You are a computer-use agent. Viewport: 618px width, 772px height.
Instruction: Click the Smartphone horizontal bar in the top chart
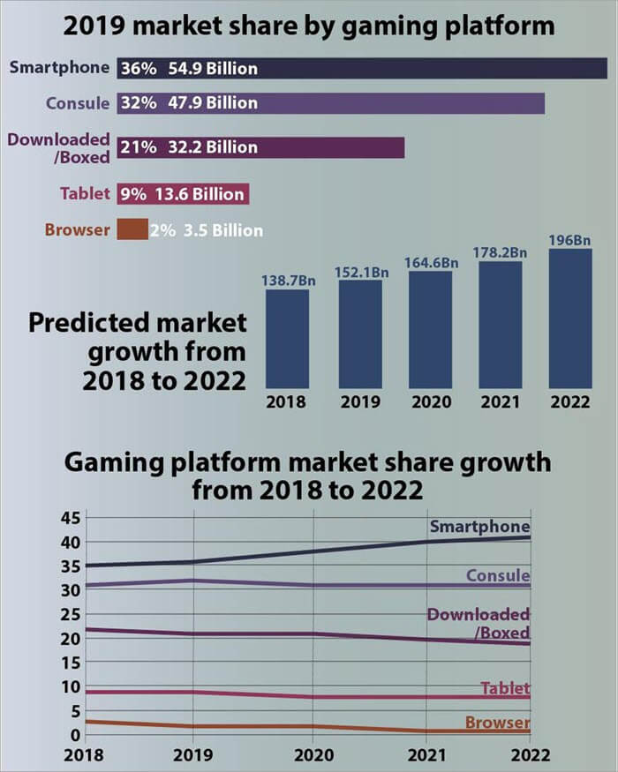tap(424, 68)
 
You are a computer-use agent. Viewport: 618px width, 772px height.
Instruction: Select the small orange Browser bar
tap(133, 229)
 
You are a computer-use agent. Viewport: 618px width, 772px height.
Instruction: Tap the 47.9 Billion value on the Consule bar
tap(214, 103)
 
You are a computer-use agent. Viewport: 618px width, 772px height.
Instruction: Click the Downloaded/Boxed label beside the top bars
tap(59, 147)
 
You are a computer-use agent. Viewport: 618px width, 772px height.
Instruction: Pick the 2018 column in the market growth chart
tap(287, 339)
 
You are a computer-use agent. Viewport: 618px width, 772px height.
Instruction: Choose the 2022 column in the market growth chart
tap(569, 318)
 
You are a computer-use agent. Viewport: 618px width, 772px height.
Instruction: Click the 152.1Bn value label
tap(361, 272)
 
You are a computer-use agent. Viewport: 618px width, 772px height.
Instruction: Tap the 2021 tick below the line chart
tap(427, 755)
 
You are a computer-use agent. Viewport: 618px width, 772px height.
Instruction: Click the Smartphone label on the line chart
tap(479, 528)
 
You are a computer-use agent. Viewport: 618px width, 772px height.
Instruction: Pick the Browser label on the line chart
tap(497, 723)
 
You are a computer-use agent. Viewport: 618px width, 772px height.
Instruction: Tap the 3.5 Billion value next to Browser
tap(222, 230)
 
